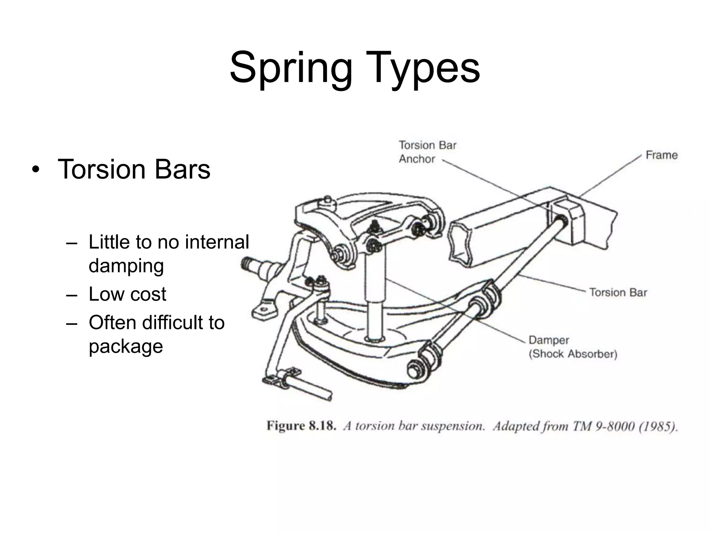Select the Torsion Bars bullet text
(x=134, y=169)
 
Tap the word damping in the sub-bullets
(x=126, y=266)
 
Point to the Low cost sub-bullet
(x=127, y=294)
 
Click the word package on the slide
(x=126, y=346)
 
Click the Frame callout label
(x=661, y=155)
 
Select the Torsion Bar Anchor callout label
(x=427, y=152)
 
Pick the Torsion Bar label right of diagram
(x=618, y=293)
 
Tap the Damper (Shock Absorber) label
(x=573, y=347)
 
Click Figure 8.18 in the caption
(x=301, y=426)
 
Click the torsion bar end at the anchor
(x=561, y=221)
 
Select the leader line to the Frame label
(x=610, y=176)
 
